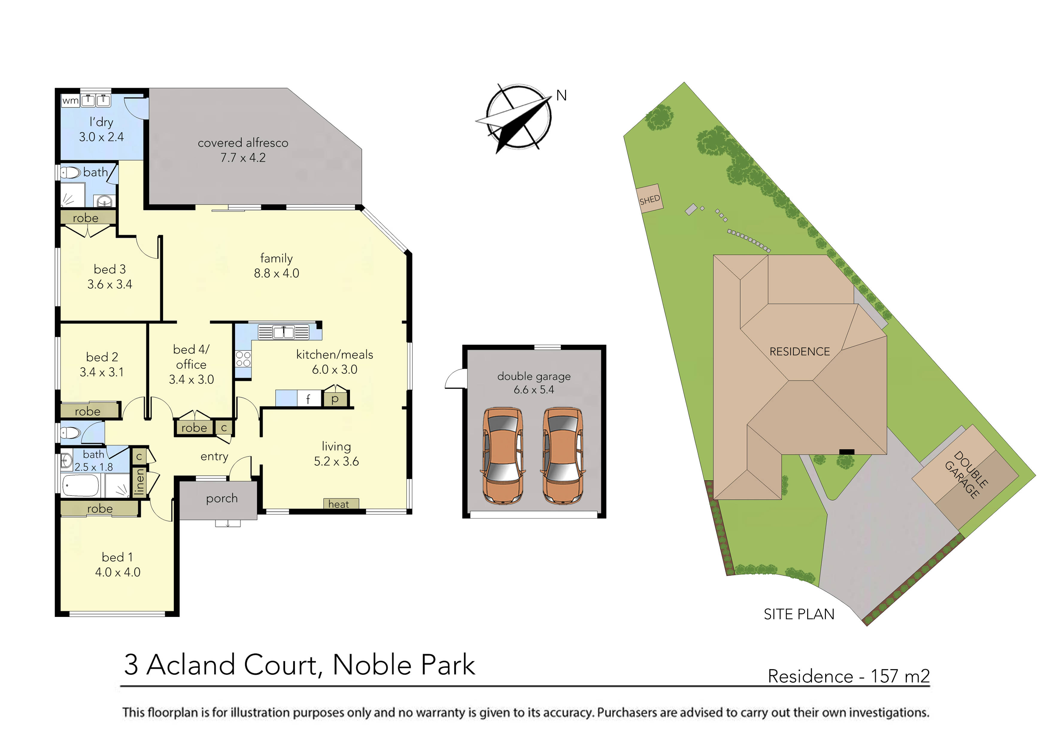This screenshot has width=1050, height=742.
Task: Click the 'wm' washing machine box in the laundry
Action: (70, 100)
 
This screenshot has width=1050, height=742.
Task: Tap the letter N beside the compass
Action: (561, 95)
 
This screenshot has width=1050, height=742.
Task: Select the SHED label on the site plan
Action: (650, 199)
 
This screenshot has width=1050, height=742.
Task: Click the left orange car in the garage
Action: (503, 455)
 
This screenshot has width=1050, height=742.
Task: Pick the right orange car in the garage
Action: (563, 455)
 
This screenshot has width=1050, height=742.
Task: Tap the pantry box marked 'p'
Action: (335, 398)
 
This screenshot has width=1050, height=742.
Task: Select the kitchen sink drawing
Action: (283, 332)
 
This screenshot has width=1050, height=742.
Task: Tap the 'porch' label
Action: (222, 498)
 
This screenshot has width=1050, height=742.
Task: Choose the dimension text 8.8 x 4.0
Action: (276, 273)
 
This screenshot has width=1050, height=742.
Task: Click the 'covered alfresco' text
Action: (243, 143)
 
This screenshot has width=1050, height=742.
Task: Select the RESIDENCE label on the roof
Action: (799, 352)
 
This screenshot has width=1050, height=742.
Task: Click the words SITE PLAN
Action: (799, 614)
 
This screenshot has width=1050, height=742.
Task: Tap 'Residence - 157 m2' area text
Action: (848, 676)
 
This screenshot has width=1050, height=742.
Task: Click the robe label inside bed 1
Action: (100, 508)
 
